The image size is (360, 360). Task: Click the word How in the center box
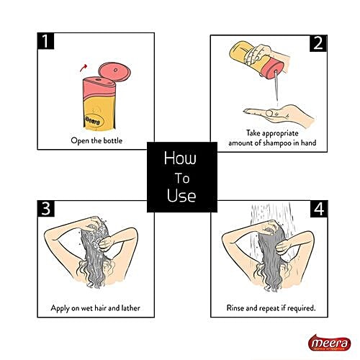click(x=179, y=157)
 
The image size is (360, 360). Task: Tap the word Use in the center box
click(x=179, y=195)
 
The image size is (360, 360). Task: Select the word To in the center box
click(x=179, y=176)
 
